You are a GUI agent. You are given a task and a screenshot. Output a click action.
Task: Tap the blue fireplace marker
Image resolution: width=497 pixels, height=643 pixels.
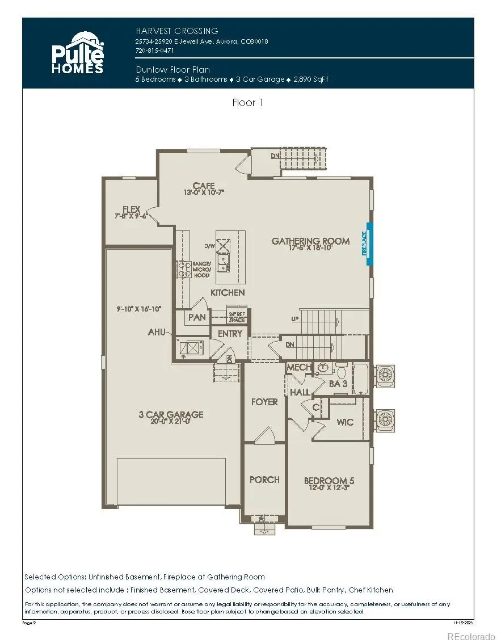pos(369,243)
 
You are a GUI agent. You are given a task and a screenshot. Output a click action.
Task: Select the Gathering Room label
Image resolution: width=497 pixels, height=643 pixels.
pos(310,241)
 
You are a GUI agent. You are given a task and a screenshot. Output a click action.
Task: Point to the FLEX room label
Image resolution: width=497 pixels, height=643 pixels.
pos(131,209)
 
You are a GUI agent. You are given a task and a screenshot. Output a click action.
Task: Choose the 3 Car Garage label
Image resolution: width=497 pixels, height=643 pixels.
pos(171,414)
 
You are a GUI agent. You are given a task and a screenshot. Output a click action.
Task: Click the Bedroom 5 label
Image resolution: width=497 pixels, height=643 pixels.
pos(329,481)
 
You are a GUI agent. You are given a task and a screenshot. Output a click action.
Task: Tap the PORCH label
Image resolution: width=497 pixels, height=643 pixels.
pos(264,480)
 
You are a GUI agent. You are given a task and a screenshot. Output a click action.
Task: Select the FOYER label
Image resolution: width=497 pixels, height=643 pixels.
pos(264,402)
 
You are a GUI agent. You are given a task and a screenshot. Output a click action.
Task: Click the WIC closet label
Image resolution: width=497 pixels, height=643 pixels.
pos(345,422)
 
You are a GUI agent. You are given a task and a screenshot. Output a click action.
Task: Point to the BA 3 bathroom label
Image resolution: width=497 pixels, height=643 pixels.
pos(338,384)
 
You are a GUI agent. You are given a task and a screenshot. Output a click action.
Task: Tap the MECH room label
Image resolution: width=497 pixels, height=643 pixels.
pos(298,368)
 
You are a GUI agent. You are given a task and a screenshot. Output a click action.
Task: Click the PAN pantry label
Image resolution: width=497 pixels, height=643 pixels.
pos(197,317)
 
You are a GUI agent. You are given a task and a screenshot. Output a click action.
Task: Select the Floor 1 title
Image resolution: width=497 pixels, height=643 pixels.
pos(248,103)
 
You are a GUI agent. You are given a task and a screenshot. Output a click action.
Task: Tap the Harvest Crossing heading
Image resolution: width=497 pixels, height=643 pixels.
pos(177,31)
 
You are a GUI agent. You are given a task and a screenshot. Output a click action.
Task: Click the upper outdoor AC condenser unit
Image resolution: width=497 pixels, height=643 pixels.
pos(385,375)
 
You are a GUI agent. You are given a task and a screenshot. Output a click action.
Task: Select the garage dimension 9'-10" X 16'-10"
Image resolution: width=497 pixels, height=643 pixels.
pos(137,309)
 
